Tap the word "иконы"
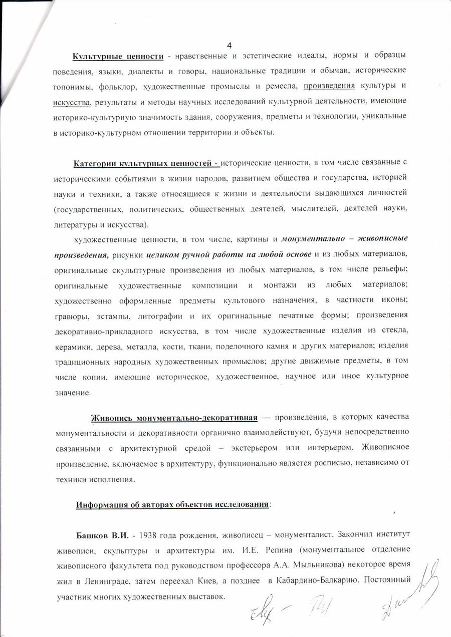395,300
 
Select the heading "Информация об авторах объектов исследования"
172,504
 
